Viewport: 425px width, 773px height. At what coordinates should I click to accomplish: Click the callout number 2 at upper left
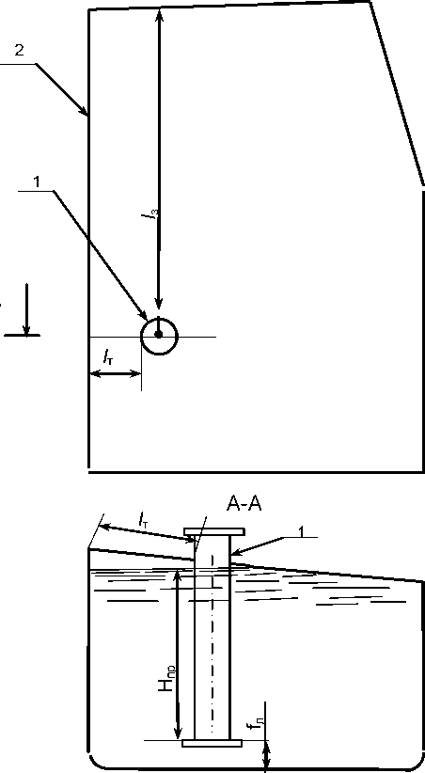[19, 51]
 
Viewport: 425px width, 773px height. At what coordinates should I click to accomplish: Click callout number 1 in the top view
[36, 181]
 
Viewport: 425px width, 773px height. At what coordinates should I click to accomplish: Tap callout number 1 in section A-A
[302, 530]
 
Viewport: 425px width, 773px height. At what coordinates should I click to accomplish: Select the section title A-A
[244, 504]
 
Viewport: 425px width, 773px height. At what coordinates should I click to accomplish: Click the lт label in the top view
[108, 356]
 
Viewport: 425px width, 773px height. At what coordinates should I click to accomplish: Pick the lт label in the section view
[143, 520]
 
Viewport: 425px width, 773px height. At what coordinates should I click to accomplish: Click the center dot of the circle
[158, 334]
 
